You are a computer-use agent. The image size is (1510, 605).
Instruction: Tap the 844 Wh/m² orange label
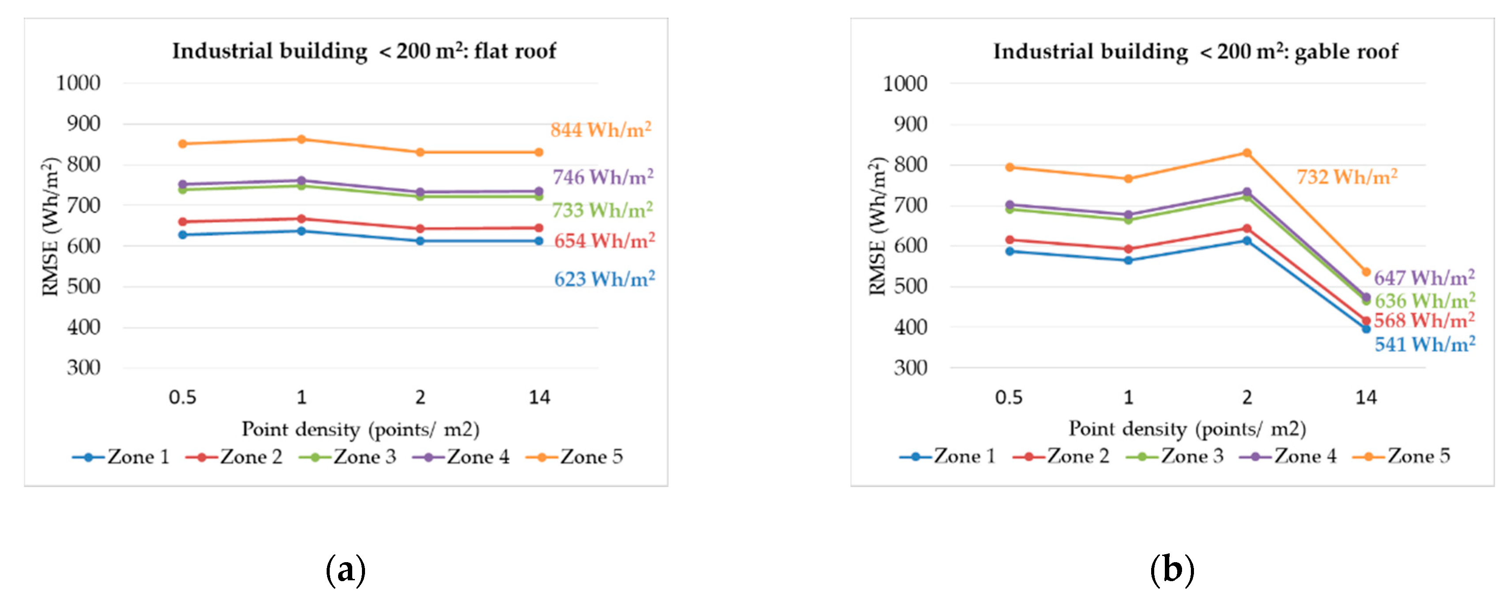tap(600, 129)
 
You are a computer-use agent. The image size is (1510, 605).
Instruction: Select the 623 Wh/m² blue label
tap(604, 279)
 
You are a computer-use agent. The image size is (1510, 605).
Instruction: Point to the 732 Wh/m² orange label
tap(1346, 177)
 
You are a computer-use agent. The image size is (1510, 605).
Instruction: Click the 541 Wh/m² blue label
tap(1424, 344)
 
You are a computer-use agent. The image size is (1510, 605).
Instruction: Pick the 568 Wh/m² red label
tap(1424, 321)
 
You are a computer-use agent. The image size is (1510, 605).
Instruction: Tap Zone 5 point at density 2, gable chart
tap(1247, 153)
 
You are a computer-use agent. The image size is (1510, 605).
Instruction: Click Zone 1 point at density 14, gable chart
tap(1366, 329)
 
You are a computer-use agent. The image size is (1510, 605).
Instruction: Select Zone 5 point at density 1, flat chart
tap(301, 140)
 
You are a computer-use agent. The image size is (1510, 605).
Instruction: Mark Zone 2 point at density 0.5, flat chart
tap(182, 222)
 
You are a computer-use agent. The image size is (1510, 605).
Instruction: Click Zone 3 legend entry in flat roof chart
tap(348, 457)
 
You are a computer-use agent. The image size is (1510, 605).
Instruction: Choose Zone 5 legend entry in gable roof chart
tap(1401, 456)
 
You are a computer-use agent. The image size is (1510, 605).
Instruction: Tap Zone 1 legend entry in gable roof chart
tap(948, 456)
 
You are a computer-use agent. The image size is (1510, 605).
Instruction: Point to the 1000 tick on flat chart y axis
tap(78, 83)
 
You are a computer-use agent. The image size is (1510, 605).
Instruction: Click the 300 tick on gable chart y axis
tap(910, 368)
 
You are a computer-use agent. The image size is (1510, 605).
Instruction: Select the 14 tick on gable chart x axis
tap(1366, 397)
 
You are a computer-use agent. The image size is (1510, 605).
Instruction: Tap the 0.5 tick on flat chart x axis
tap(182, 397)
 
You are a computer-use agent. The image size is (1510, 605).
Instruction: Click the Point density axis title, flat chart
tap(361, 429)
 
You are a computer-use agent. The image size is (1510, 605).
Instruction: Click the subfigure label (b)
tap(1172, 569)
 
